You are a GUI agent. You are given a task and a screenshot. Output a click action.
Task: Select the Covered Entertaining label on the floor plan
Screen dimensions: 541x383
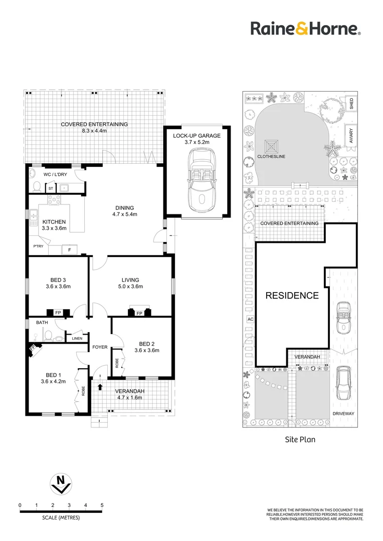coord(94,124)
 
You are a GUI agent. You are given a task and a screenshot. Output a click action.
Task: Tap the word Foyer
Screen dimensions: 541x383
coord(100,347)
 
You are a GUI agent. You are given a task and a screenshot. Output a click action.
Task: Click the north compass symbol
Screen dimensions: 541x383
coord(61,483)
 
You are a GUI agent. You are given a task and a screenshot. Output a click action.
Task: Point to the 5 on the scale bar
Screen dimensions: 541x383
coord(102,505)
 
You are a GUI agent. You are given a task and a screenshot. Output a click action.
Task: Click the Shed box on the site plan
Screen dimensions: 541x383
coord(351,104)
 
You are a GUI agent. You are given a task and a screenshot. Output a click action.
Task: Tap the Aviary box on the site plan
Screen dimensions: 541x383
coord(351,136)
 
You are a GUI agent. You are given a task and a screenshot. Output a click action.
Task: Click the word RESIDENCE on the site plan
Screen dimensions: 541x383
coord(292,295)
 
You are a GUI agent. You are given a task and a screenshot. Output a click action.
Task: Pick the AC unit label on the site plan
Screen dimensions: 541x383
coord(250,319)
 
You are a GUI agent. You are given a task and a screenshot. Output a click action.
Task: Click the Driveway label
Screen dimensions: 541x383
coord(343,413)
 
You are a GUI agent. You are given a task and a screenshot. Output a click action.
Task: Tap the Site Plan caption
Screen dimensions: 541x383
coord(299,439)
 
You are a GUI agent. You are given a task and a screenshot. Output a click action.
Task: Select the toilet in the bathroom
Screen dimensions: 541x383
coord(47,335)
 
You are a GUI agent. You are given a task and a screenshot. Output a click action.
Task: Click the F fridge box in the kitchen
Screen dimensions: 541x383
coord(69,249)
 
